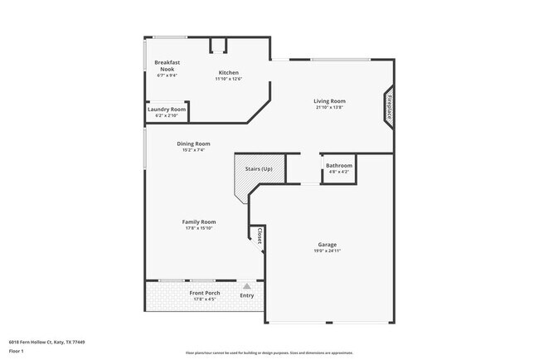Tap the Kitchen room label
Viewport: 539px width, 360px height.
[x=228, y=72]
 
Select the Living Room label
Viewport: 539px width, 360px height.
[x=329, y=101]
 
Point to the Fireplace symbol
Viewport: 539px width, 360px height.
[x=389, y=107]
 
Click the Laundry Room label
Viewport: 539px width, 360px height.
[x=167, y=109]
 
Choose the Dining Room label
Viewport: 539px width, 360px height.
[x=192, y=144]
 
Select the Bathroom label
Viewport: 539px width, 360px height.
[x=338, y=165]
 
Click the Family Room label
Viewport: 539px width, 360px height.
[x=199, y=221]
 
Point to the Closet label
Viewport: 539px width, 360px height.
[x=260, y=236]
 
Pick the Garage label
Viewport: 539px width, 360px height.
[x=327, y=245]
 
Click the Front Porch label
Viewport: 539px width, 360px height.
[x=203, y=294]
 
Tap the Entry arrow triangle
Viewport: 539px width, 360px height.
[x=246, y=285]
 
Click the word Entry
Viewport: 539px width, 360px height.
[x=247, y=295]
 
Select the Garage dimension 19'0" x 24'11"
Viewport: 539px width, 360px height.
[x=327, y=251]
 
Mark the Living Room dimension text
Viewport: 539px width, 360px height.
[x=329, y=108]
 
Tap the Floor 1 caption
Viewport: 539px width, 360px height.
[x=17, y=351]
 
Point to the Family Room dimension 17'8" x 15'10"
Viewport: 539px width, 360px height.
[x=199, y=228]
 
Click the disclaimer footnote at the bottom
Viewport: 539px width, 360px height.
[x=269, y=353]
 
